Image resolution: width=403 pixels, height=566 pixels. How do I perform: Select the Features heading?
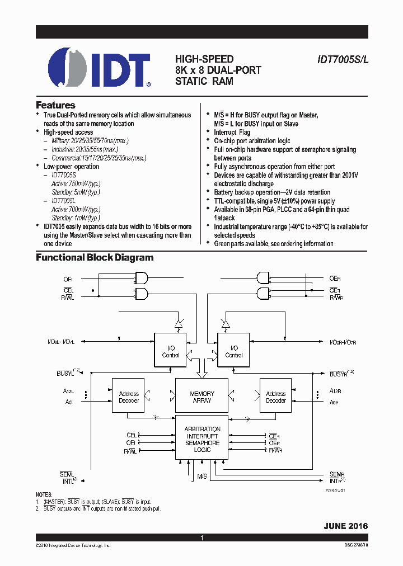pos(55,105)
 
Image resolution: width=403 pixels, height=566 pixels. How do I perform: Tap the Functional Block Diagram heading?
pos(95,258)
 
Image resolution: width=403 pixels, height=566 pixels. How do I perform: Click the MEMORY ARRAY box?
pos(201,397)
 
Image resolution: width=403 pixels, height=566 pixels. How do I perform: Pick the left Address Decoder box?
pos(129,397)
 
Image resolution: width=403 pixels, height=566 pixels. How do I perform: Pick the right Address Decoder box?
pos(275,397)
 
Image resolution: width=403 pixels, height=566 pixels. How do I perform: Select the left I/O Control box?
pos(171,351)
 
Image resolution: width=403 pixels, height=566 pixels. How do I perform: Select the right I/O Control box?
pos(234,351)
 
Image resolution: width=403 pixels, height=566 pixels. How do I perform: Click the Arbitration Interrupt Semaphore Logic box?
pos(202,439)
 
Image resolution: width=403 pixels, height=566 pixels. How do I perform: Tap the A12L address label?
pos(69,392)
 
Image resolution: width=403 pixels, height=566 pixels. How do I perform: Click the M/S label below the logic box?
pos(202,476)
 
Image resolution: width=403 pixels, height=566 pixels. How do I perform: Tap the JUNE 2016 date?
pos(345,526)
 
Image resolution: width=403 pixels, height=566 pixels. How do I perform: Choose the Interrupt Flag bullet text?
pos(232,133)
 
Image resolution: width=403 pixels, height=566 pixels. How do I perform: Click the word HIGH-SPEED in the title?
pos(204,59)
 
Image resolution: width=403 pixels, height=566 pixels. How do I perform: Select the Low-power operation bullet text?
pos(71,167)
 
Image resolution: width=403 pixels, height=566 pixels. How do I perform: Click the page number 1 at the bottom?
pos(201,537)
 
